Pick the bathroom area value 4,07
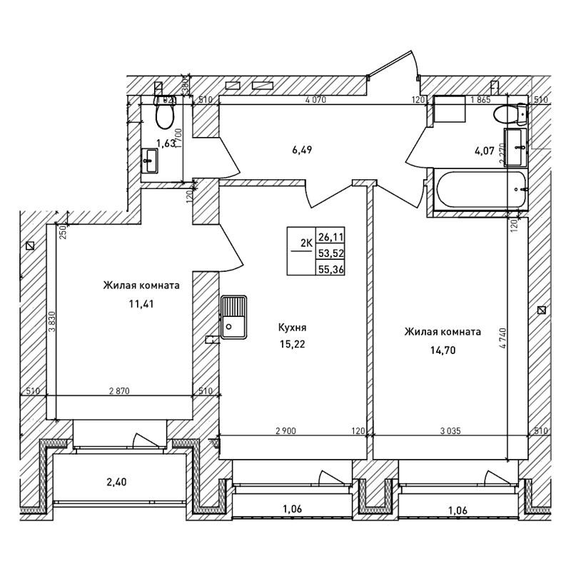tap(484, 151)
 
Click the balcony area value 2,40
tap(115, 482)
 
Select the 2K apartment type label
tap(306, 243)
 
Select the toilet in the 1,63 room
tap(165, 113)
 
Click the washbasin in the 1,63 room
tap(151, 161)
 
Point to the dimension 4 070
tap(315, 100)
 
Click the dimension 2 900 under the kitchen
tap(286, 430)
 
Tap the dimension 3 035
tap(450, 430)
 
